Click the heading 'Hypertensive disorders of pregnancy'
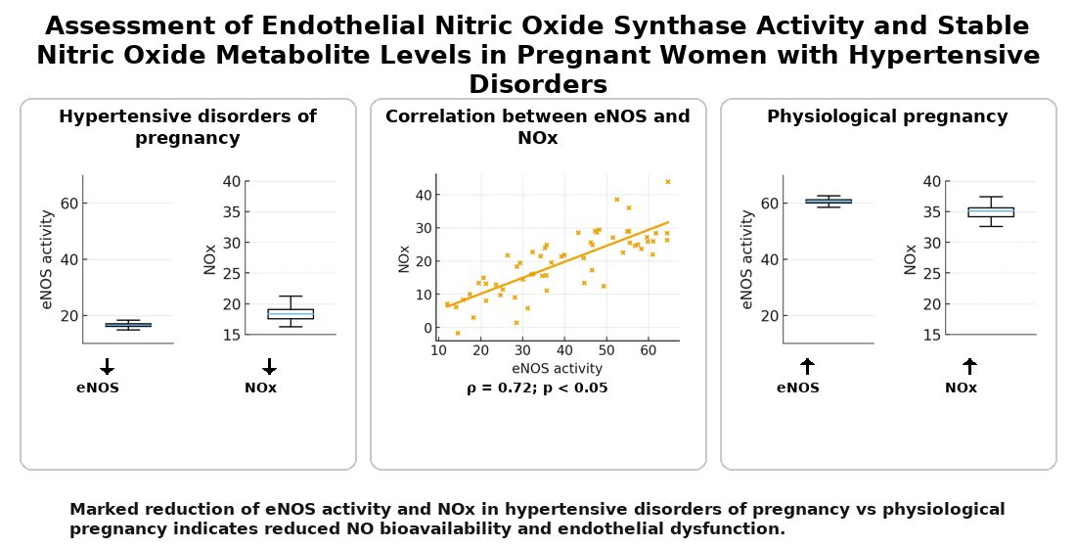point(187,127)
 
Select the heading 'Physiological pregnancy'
point(887,116)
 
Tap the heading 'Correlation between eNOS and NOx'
point(537,127)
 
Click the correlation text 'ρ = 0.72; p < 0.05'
point(537,388)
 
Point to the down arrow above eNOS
point(108,366)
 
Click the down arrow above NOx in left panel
point(269,366)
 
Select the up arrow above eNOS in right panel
point(807,366)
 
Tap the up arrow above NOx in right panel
point(969,366)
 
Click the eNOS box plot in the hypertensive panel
point(128,325)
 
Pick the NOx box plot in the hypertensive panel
point(291,313)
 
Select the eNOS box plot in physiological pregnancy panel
point(829,201)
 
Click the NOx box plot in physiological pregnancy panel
point(991,211)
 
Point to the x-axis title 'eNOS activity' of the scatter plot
point(557,369)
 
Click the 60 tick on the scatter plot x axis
point(648,349)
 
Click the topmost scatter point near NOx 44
point(668,182)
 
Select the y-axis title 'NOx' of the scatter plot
point(404,258)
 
